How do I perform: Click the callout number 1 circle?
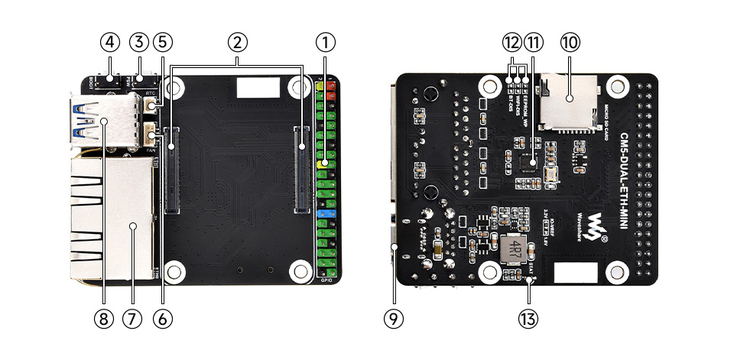tap(326, 41)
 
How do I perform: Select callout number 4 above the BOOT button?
tap(110, 41)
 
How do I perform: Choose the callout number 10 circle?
tap(570, 41)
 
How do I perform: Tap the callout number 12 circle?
tap(511, 41)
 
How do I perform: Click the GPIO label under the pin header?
tap(326, 279)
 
